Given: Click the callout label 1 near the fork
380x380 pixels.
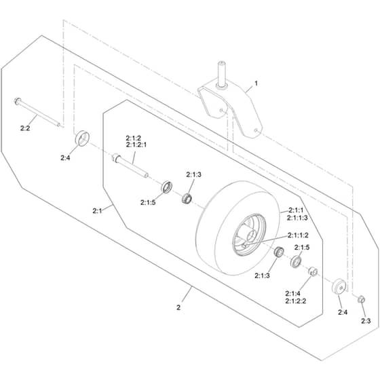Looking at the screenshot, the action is point(256,83).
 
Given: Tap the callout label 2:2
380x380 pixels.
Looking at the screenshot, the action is point(25,128).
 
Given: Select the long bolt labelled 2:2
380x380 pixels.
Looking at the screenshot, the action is point(37,112).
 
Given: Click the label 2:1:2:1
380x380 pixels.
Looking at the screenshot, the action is point(136,145).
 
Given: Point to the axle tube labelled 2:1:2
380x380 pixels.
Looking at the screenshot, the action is point(130,166).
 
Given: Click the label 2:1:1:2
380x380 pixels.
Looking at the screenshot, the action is point(298,235).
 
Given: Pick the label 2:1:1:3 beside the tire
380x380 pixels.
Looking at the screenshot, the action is point(297,218).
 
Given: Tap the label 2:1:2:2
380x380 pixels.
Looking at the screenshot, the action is point(296,301).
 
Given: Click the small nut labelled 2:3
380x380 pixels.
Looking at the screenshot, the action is point(361,299).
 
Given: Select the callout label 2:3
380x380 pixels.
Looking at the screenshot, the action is point(366,321).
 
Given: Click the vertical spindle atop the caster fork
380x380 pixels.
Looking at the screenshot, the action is point(221,74).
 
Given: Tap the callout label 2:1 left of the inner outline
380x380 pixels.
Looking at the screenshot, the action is point(97,211).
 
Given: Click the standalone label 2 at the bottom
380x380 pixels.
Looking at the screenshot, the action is point(178,307).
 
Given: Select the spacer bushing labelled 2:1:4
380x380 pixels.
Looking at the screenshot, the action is point(313,271).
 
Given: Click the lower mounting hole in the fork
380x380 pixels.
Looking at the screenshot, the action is point(256,130).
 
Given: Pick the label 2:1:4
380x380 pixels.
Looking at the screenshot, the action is point(292,293).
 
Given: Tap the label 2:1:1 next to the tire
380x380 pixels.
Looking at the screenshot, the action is point(296,210).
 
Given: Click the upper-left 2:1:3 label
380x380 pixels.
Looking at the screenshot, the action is point(193,174).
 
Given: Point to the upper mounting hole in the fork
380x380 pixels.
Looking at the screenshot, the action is point(221,111).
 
